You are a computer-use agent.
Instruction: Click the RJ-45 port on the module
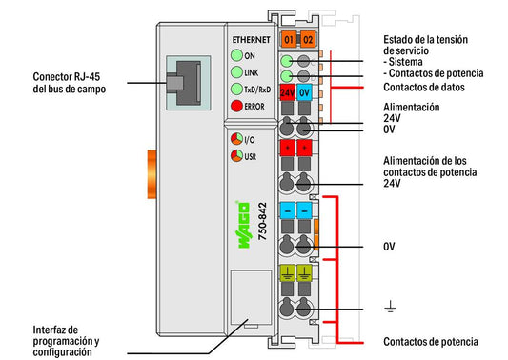pos(188,83)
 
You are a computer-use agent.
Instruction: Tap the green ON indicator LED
pos(236,55)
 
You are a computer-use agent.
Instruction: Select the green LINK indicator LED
pos(236,72)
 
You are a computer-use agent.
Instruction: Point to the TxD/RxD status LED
pos(236,89)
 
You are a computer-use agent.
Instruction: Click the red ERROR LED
pos(236,106)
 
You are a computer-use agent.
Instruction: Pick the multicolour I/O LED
pos(236,139)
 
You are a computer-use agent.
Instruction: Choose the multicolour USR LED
pos(236,156)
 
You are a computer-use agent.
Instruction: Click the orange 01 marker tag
pos(289,39)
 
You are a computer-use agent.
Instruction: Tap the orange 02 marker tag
pos(308,39)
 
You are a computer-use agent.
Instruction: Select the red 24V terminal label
pos(288,93)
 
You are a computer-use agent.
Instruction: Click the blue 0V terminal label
pos(304,93)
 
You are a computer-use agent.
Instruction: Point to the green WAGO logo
pos(244,225)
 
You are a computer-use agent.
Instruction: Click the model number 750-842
pos(262,222)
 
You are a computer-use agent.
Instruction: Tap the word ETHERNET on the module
pos(251,40)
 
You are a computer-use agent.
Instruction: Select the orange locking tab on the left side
pos(152,174)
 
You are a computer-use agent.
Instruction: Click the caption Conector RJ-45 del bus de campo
pos(70,83)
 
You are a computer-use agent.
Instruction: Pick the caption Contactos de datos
pos(424,87)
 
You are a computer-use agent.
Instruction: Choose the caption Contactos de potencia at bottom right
pos(431,342)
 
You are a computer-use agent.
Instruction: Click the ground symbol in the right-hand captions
pos(390,307)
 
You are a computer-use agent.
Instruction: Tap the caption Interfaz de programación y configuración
pos(66,341)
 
